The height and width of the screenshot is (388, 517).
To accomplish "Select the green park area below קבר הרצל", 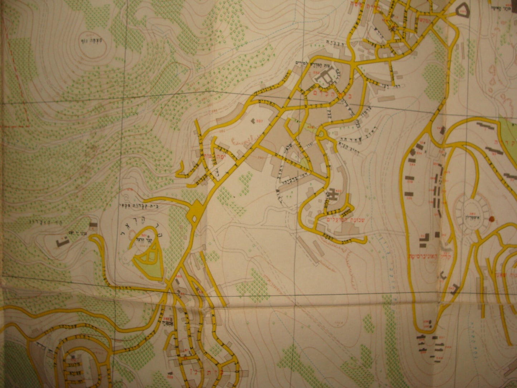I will [x=150, y=262].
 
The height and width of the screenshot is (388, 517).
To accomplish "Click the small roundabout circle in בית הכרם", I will [x=322, y=134].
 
